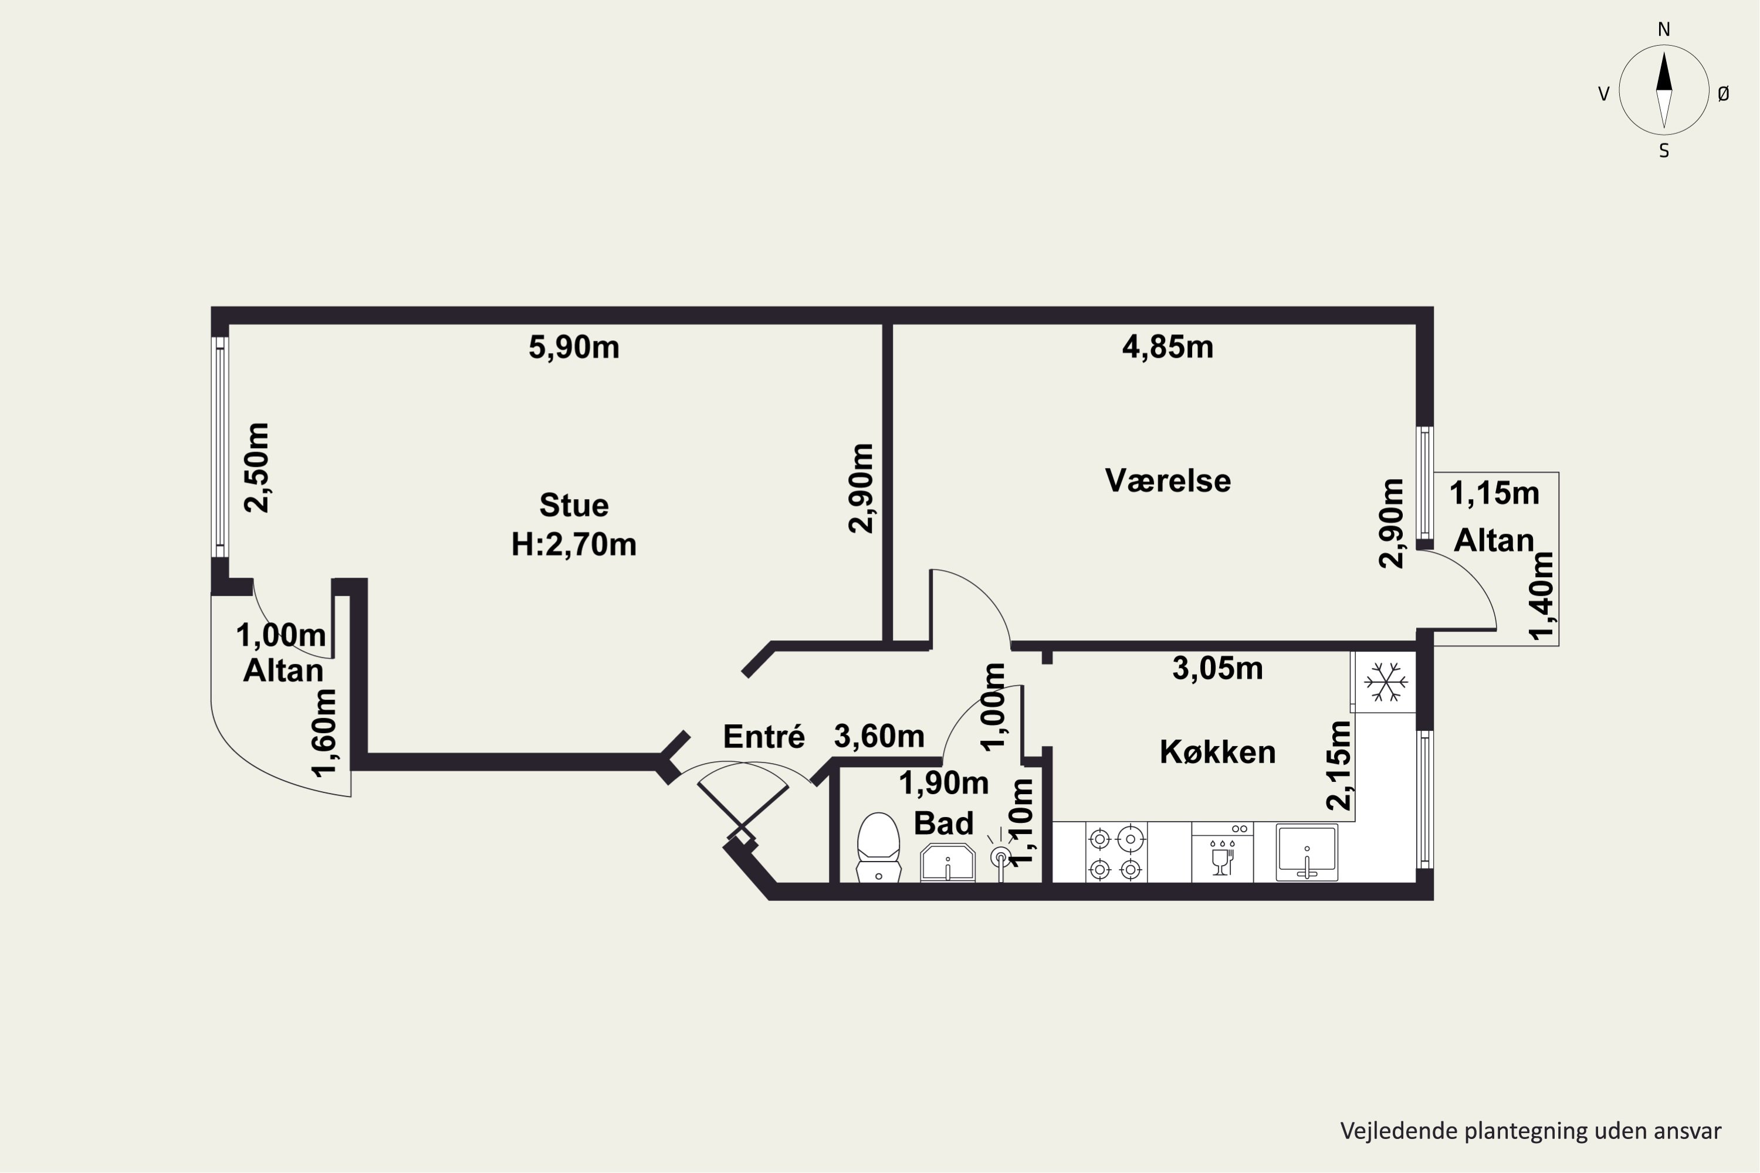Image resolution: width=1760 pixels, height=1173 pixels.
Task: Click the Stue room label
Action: [x=574, y=506]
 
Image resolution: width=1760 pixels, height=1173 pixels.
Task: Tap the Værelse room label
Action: [x=1167, y=480]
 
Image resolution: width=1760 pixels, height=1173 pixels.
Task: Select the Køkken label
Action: [x=1217, y=752]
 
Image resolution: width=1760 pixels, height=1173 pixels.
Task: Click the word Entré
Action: [x=763, y=737]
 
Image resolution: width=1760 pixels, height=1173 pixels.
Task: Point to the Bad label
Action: [x=943, y=823]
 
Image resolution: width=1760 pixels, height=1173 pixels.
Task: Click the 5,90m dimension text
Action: [x=574, y=348]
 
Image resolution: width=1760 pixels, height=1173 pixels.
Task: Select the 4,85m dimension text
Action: [x=1167, y=347]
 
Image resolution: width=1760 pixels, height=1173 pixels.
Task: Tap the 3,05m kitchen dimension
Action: [x=1217, y=669]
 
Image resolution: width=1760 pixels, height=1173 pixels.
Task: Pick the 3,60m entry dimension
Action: [x=879, y=737]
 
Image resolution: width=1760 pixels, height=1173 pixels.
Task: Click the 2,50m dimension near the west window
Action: [x=258, y=467]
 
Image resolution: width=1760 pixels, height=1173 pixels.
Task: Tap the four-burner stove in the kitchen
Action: [x=1116, y=853]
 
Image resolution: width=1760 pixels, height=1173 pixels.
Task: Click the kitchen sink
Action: [x=1307, y=853]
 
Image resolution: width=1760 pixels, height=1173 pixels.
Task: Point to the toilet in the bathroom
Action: [x=878, y=847]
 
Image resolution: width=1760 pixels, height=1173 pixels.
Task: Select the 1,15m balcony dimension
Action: [x=1494, y=494]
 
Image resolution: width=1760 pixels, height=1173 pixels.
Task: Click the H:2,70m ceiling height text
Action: [x=574, y=545]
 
